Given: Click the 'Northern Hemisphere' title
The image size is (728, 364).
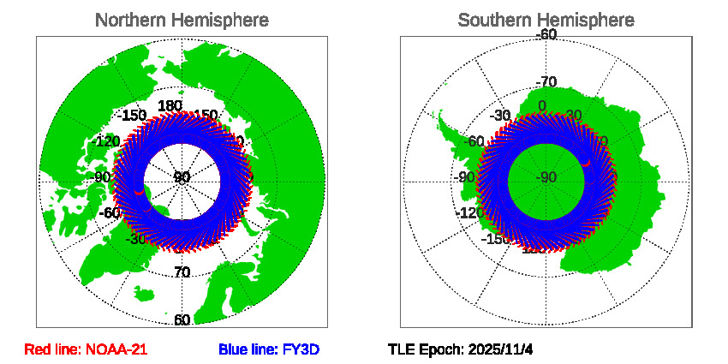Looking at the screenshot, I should (182, 20).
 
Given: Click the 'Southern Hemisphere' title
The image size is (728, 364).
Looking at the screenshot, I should (546, 20).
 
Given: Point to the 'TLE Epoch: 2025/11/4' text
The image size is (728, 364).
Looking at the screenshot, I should (461, 349).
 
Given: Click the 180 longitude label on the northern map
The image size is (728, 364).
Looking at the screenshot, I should (170, 106).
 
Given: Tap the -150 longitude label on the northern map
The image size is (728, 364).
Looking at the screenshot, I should (132, 116).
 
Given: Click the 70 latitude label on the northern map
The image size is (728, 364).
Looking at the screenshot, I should (182, 272).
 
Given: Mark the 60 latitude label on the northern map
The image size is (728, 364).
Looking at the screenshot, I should (182, 320).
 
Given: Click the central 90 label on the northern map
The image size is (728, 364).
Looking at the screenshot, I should (182, 178).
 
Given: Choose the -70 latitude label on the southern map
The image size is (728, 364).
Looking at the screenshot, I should (546, 82).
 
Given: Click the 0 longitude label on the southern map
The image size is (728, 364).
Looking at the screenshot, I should (541, 106).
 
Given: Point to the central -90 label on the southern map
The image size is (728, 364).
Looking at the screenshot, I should (546, 178).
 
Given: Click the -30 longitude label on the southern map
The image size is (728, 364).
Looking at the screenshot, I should (503, 116).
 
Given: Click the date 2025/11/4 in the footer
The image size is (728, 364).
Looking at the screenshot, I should (502, 349).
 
